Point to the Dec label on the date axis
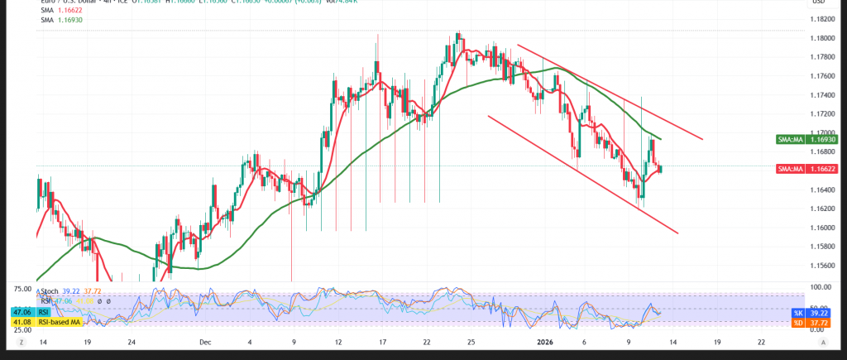(x=205, y=340)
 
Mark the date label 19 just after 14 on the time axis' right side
(x=716, y=340)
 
